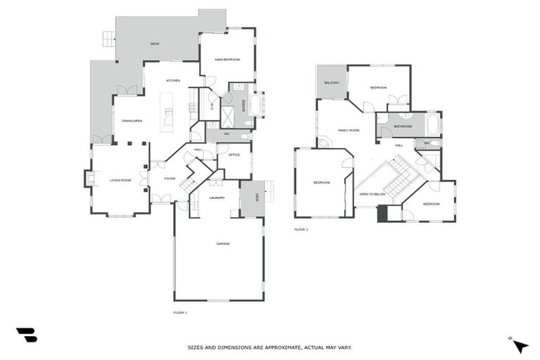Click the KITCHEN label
click(x=173, y=81)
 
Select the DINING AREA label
click(x=131, y=121)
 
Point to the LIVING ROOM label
click(x=120, y=181)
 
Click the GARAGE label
click(x=223, y=244)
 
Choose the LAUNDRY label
click(x=217, y=198)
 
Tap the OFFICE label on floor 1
click(x=234, y=155)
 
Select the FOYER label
click(x=169, y=179)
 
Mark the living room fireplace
click(x=89, y=179)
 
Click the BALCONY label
click(x=332, y=83)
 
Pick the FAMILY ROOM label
click(x=349, y=130)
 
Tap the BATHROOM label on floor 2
click(x=403, y=127)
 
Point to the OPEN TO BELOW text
click(x=372, y=193)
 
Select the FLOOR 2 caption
click(x=301, y=229)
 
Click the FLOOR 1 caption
click(x=180, y=311)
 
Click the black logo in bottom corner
click(x=27, y=335)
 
